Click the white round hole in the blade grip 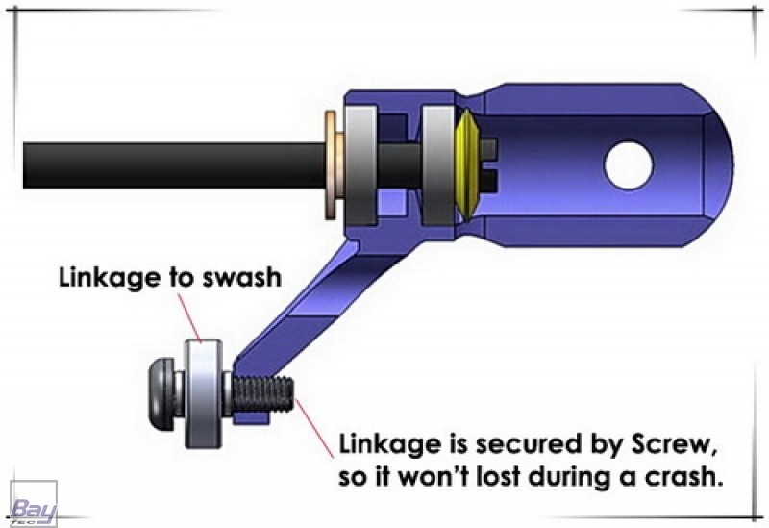tap(628, 164)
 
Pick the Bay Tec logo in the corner tap(32, 504)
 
